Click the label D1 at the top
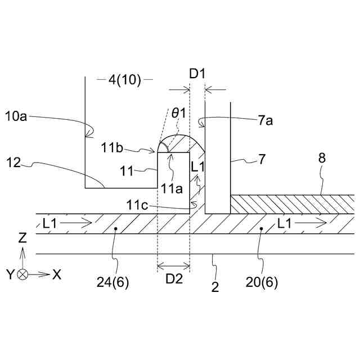(x=197, y=73)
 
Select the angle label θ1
(x=179, y=113)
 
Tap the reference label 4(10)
(x=124, y=80)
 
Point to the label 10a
(x=16, y=116)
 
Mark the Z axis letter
(x=22, y=238)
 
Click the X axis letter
(x=56, y=274)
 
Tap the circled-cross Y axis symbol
(x=22, y=275)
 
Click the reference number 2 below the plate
(x=215, y=287)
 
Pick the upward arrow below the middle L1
(x=197, y=182)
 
